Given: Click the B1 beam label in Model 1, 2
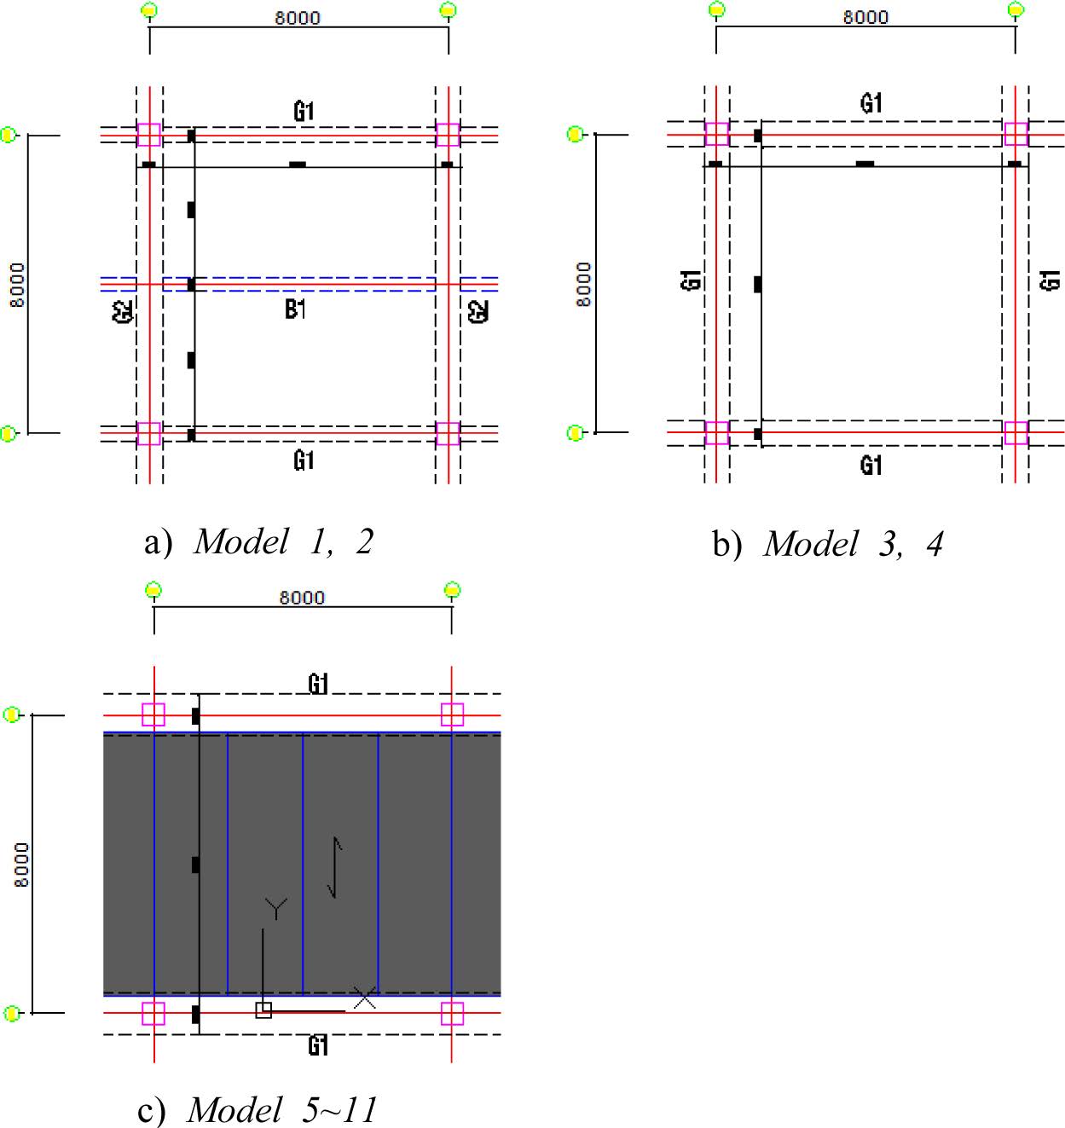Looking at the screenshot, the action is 296,309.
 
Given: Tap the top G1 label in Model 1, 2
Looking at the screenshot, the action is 304,112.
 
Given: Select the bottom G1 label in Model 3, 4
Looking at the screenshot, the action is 871,466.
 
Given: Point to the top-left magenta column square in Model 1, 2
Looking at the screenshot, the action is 149,136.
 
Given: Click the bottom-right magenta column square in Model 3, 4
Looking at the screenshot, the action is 1016,433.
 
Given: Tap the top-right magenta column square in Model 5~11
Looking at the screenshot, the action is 453,714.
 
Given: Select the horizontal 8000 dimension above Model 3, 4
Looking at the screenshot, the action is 865,17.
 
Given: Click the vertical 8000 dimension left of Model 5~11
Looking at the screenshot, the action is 21,864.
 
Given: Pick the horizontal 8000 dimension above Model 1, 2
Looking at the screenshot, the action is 298,18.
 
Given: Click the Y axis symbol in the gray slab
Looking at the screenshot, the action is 276,908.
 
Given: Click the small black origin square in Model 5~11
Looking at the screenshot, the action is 263,1009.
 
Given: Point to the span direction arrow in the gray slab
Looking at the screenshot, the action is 335,867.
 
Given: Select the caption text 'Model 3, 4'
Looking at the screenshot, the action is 854,544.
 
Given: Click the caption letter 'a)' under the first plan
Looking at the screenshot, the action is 158,541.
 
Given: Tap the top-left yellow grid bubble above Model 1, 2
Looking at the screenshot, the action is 149,9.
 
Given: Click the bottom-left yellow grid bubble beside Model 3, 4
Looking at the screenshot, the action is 575,433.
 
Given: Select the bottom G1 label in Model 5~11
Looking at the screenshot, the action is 318,1045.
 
